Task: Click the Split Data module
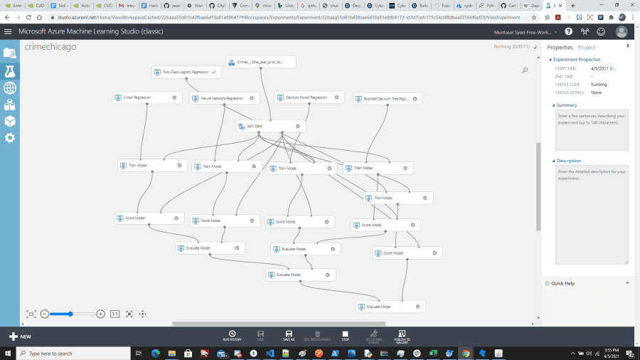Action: click(270, 126)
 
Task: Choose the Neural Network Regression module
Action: click(223, 98)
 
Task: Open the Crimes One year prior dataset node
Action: click(260, 62)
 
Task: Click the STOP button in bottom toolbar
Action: click(345, 335)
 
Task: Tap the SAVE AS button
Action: click(289, 335)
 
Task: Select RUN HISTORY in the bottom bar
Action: click(232, 335)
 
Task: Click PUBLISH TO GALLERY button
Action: click(401, 335)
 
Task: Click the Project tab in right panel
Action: click(587, 47)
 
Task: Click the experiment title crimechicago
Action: click(50, 46)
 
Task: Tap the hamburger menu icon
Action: click(8, 32)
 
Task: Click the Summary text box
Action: click(592, 130)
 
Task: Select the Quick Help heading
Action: click(562, 283)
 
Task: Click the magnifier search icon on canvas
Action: click(525, 70)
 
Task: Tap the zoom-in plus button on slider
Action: click(100, 314)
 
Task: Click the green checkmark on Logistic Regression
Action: click(213, 72)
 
